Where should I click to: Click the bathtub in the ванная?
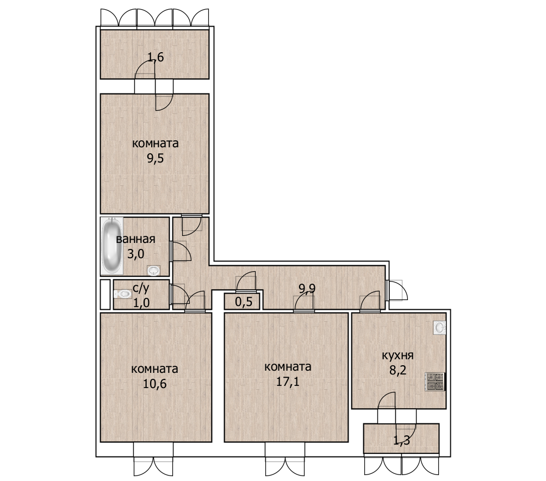112,246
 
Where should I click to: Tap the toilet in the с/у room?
122,294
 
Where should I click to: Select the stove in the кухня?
435,382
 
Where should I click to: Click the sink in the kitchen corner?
439,328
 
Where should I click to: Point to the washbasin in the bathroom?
153,270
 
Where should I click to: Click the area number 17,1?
288,382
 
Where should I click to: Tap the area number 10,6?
154,384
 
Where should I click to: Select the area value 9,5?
156,159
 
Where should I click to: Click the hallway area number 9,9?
307,288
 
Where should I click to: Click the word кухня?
398,355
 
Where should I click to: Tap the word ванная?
135,239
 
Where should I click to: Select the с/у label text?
141,288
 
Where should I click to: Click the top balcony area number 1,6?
156,57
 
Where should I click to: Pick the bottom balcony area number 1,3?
401,441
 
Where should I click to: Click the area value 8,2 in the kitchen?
398,370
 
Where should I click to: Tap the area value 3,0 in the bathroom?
135,254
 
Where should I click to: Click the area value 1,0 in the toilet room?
141,302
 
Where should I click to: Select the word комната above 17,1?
288,367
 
